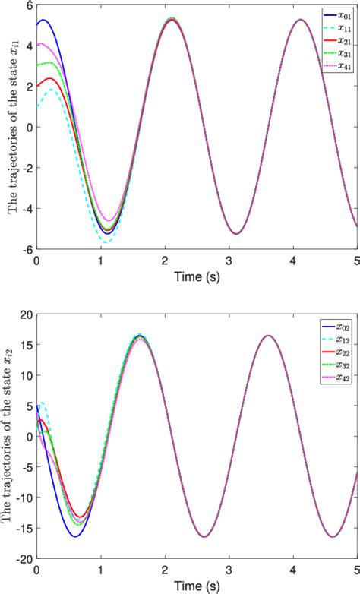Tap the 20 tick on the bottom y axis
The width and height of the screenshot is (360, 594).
point(26,314)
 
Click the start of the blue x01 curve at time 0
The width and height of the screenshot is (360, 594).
point(37,25)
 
